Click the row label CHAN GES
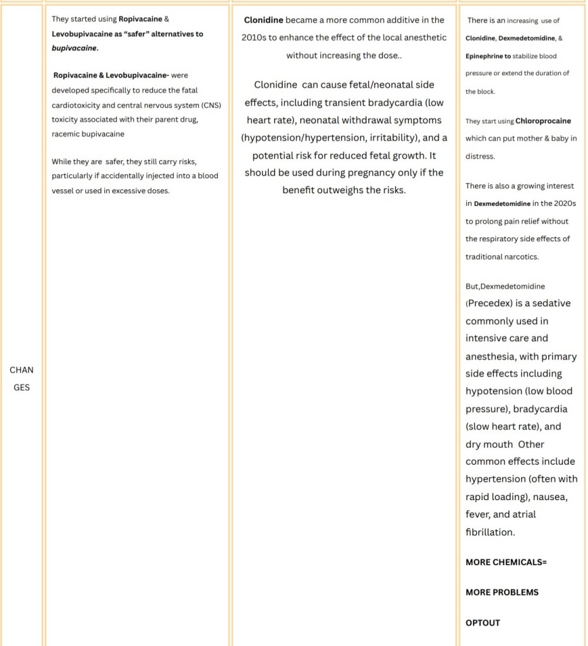(x=21, y=378)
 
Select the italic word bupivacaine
(x=74, y=48)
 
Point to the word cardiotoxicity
(x=79, y=105)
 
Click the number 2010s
(x=254, y=37)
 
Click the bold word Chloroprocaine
(x=543, y=121)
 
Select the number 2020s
(x=564, y=203)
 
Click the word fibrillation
(x=490, y=532)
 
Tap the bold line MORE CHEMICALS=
(x=506, y=562)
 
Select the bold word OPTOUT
(x=483, y=623)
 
